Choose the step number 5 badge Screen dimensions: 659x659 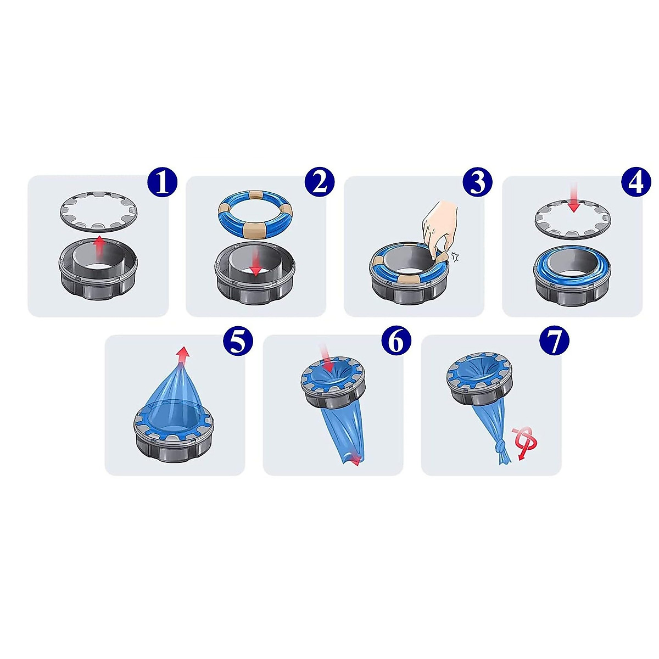[238, 341]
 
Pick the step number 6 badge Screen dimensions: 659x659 [396, 341]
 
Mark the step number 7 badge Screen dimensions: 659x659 [554, 341]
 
